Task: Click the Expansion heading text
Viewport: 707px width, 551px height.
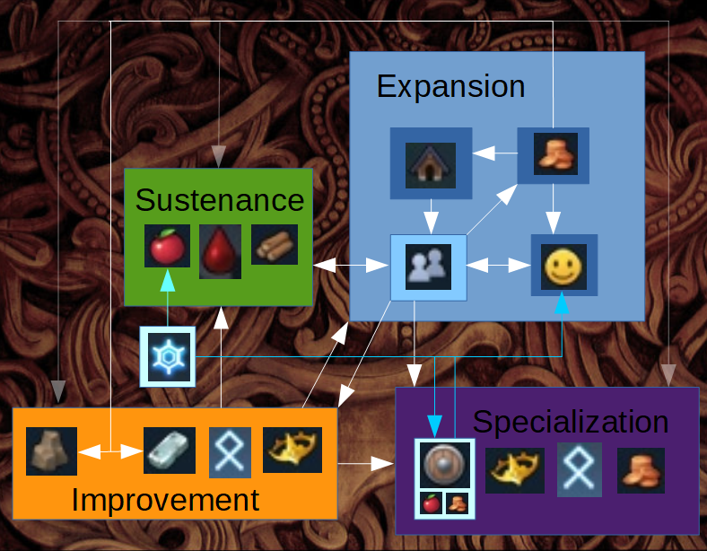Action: coord(450,87)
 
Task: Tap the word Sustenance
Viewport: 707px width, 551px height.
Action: coord(220,200)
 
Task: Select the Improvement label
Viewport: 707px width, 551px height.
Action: coord(165,500)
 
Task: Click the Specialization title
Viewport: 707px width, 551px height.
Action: coord(570,422)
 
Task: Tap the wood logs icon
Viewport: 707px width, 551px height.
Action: coord(274,245)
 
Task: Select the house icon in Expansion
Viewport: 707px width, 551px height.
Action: coord(430,162)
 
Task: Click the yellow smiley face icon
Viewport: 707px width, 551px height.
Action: coord(563,267)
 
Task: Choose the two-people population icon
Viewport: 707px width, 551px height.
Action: coord(429,267)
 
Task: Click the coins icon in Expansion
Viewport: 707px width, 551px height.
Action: coord(553,155)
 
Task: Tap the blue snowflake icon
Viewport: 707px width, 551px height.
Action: coord(167,356)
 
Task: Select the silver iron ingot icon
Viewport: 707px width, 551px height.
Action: coord(170,450)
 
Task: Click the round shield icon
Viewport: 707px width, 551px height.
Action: coord(444,467)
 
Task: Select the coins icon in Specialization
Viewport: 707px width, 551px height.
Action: coord(641,470)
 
